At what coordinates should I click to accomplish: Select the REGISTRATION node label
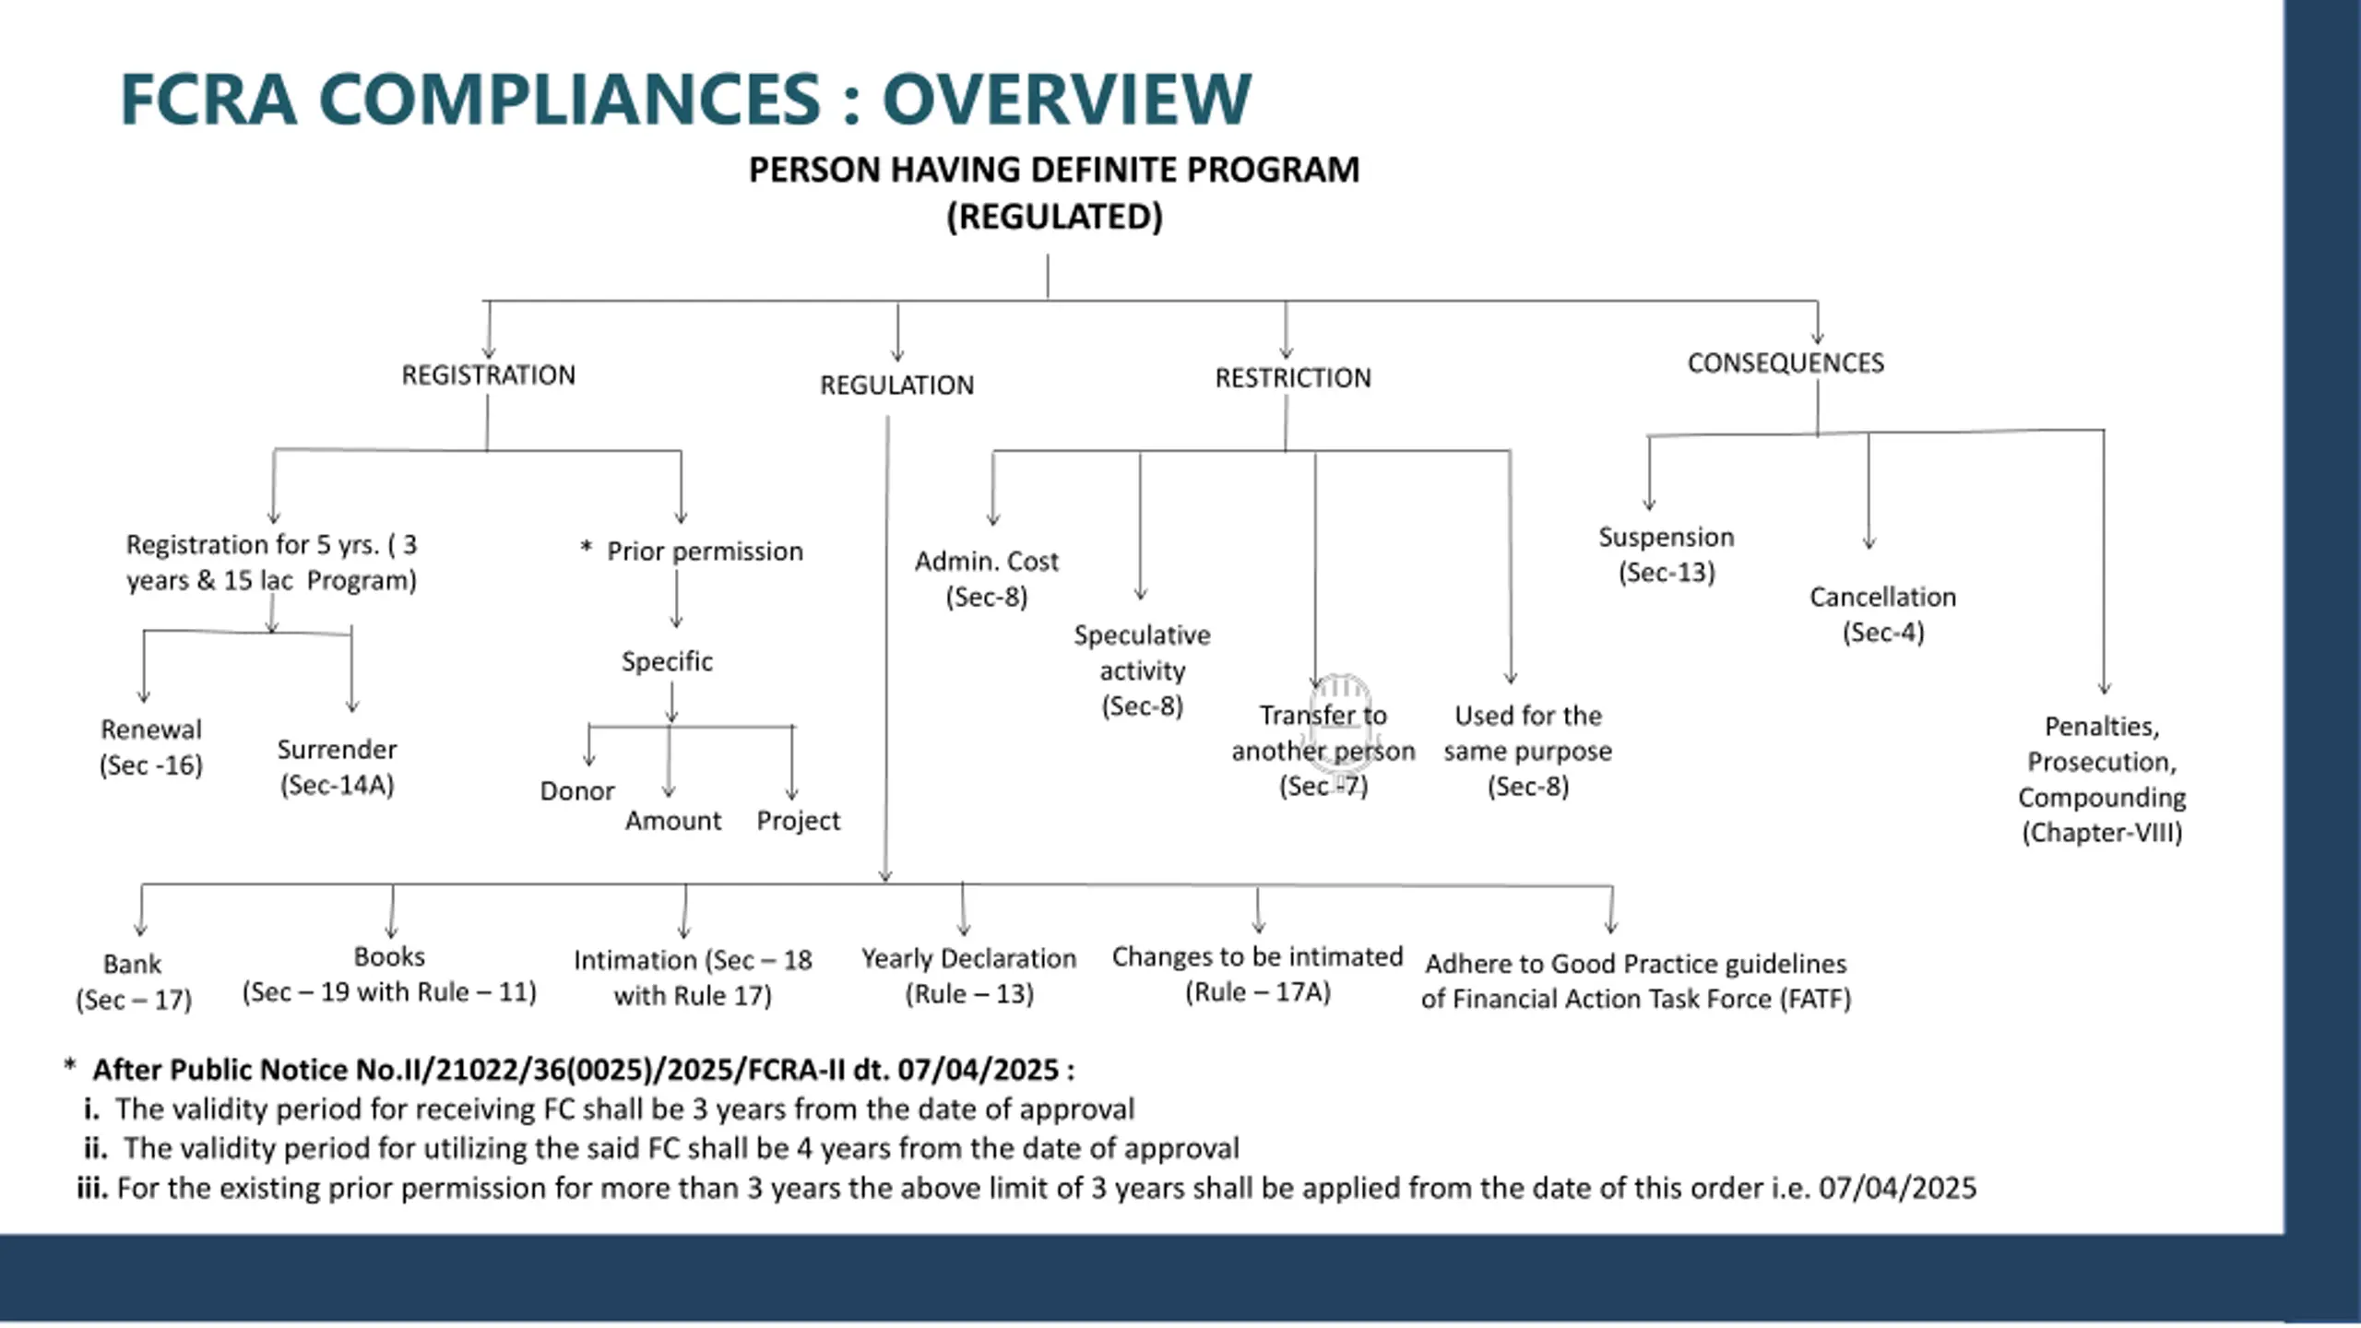click(x=488, y=375)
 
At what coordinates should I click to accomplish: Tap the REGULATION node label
click(x=896, y=385)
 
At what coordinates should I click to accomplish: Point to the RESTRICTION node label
click(x=1293, y=378)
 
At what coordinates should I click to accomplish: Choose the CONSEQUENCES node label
click(x=1786, y=363)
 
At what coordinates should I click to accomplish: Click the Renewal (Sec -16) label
click(x=151, y=747)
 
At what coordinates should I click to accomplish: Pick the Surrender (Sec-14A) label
click(x=337, y=767)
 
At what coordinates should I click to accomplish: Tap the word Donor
click(x=576, y=791)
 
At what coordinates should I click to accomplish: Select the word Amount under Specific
click(x=673, y=821)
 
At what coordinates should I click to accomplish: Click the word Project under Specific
click(x=798, y=821)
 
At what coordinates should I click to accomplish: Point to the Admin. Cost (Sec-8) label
click(x=987, y=579)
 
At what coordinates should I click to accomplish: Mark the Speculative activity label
click(x=1142, y=670)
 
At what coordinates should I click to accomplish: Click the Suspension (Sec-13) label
click(x=1667, y=554)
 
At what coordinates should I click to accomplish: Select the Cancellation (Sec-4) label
click(x=1882, y=614)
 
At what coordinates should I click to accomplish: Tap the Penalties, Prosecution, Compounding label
click(x=2102, y=779)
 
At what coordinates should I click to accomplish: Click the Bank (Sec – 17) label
click(x=134, y=982)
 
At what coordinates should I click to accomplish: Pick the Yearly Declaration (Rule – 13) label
click(x=968, y=977)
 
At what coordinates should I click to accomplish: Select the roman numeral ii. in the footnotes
click(x=95, y=1148)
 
